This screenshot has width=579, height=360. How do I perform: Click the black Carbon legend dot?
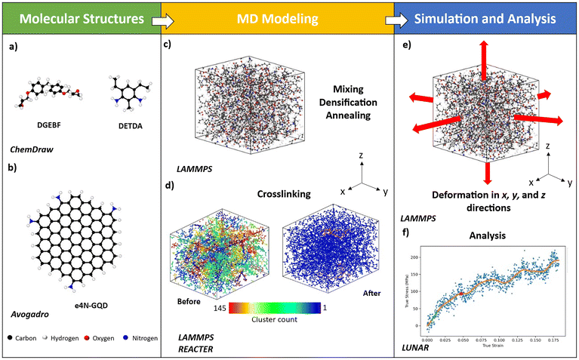7,339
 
